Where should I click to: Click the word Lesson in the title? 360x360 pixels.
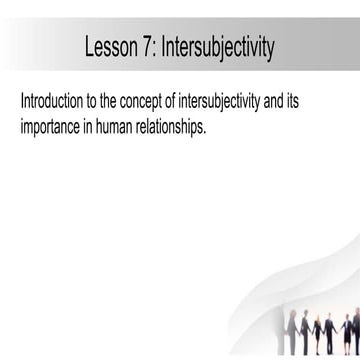[x=110, y=47]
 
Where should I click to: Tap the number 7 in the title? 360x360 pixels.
[x=148, y=47]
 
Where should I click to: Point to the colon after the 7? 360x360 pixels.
[x=157, y=48]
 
